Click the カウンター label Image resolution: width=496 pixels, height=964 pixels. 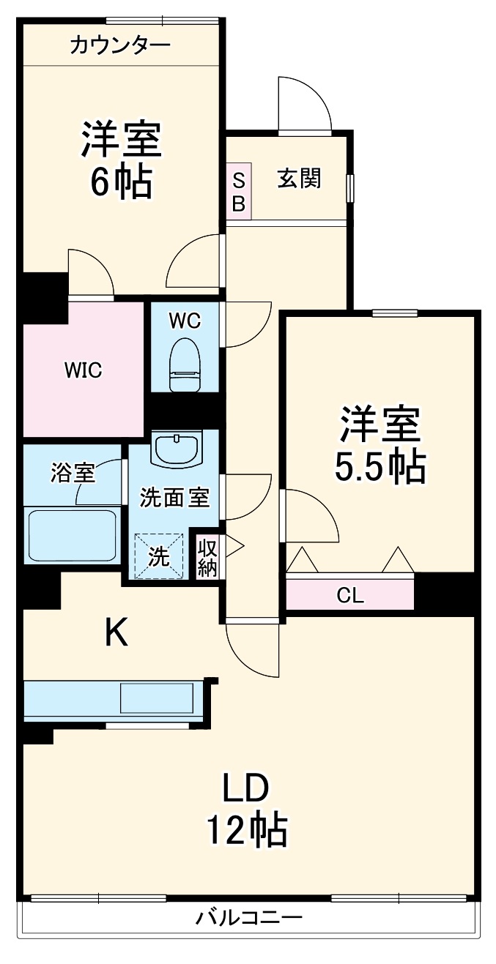tap(120, 46)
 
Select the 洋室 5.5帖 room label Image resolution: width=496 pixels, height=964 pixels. tap(380, 446)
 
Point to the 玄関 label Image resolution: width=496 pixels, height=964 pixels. tap(299, 178)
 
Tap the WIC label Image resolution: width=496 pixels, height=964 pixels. tap(82, 370)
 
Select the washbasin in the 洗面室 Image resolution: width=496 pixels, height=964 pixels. tap(176, 449)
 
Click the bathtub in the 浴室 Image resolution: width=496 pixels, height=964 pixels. tap(72, 536)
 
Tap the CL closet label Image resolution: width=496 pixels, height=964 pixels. tap(349, 595)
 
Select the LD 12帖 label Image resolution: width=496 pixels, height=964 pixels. tap(247, 810)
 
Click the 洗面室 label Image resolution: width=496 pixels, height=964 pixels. tap(175, 498)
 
